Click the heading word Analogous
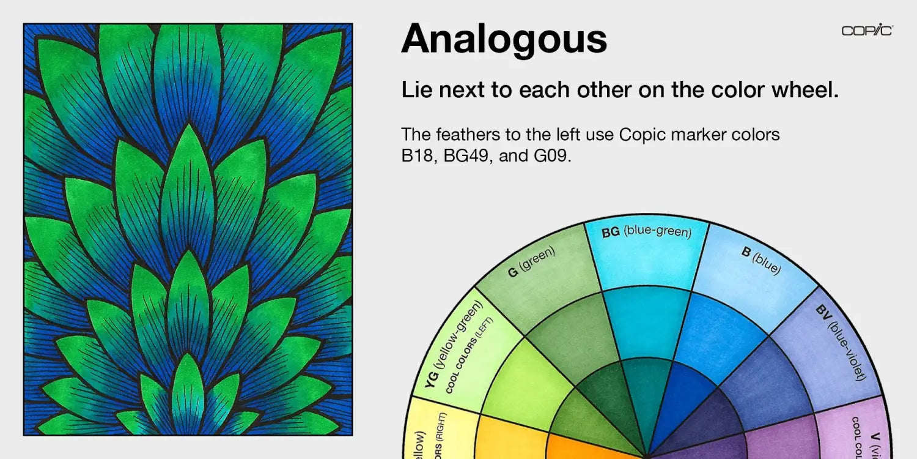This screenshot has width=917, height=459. coord(504,39)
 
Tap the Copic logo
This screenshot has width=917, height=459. coord(867,31)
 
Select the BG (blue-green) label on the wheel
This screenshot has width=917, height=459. coord(646,233)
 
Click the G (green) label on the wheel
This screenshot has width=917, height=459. coord(531,262)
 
